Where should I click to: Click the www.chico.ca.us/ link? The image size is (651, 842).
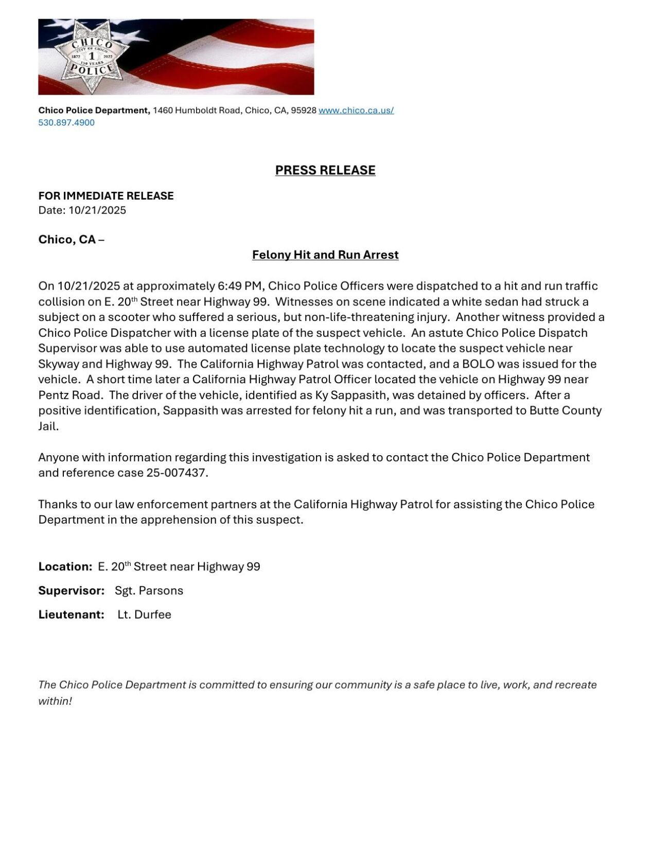[x=356, y=110]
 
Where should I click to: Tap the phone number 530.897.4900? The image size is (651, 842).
[x=66, y=122]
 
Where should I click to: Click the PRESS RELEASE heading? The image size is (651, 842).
[x=325, y=170]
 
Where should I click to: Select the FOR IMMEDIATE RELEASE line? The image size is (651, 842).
[x=106, y=195]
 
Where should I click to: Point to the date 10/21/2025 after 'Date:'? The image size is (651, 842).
[x=97, y=210]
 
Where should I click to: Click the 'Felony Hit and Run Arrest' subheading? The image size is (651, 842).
[x=325, y=255]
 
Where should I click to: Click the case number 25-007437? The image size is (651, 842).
[x=176, y=473]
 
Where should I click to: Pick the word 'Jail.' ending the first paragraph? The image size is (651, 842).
[x=49, y=426]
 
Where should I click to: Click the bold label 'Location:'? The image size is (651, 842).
[x=65, y=566]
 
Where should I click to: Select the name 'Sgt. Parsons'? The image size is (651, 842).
[x=149, y=590]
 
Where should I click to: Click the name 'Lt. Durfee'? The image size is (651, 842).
[x=144, y=614]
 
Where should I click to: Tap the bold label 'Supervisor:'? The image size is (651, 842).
[x=72, y=590]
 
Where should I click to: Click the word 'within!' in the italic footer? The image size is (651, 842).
[x=55, y=701]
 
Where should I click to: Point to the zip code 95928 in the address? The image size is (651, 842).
[x=304, y=110]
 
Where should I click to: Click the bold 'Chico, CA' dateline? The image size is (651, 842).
[x=67, y=239]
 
